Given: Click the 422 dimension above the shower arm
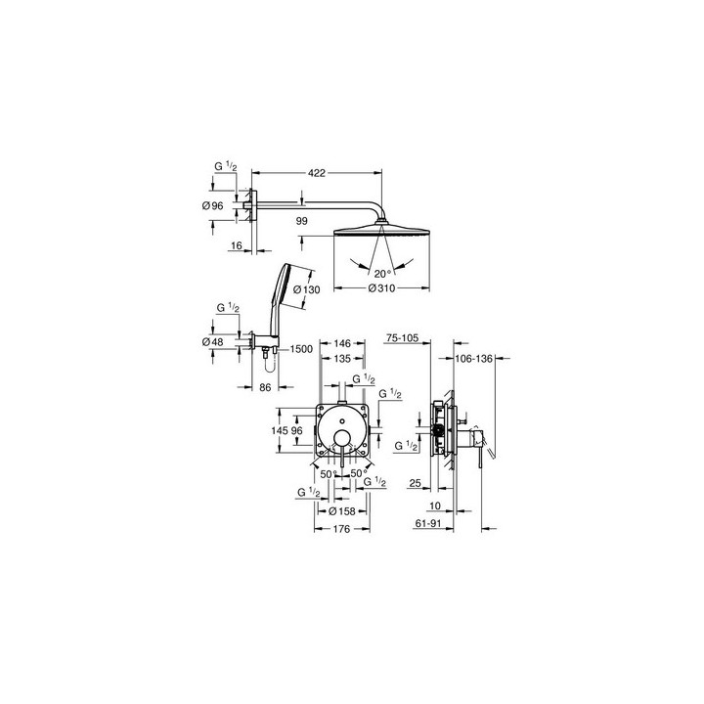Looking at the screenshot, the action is point(317,173).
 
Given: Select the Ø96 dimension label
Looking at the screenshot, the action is point(213,206).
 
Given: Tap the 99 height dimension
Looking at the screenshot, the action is point(302,221).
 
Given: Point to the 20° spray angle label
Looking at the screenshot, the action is point(383,274).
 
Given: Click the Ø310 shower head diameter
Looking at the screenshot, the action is point(381,288).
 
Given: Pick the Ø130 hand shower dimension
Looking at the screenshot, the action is point(307,289).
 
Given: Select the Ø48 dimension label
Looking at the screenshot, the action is point(213,341).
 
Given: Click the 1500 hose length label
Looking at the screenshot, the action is point(301,349).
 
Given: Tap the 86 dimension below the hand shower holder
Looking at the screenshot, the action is point(265,387).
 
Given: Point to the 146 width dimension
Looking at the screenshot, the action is point(342,343).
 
